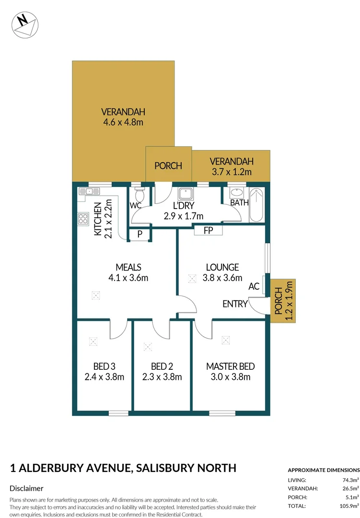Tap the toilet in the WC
pos(139,195)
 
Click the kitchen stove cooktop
pos(83,219)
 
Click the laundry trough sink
pos(185,194)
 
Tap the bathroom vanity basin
pos(236,193)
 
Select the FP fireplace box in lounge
pos(208,231)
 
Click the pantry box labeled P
pos(139,235)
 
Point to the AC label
pos(254,286)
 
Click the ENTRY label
pos(235,304)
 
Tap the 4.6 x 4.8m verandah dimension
pos(123,122)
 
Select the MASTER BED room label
pos(230,366)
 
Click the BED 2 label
pos(162,366)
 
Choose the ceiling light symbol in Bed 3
pos(93,341)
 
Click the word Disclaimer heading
pos(27,488)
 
